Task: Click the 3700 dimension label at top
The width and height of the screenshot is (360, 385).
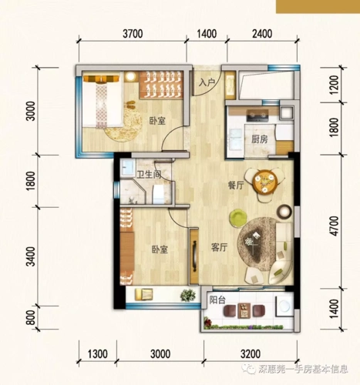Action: pos(133,34)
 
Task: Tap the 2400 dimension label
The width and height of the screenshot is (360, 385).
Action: pos(262,34)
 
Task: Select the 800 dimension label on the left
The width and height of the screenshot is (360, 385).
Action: pos(31,317)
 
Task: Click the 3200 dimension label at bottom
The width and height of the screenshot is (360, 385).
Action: pos(251,354)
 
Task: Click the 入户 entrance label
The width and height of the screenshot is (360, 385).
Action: pos(207,82)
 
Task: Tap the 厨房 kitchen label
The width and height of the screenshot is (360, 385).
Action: pos(259,139)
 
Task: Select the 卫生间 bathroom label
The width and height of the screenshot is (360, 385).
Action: pos(149,175)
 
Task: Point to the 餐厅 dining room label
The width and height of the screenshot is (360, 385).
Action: pos(236,186)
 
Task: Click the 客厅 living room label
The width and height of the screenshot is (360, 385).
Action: pos(219,248)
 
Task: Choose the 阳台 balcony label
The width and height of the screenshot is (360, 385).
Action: pos(217,300)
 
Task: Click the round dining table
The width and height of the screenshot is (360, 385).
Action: pos(265,182)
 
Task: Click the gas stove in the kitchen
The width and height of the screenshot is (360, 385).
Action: pos(257,115)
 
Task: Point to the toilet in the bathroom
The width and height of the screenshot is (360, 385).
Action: pos(158,194)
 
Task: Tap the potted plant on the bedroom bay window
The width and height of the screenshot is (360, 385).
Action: pos(188,296)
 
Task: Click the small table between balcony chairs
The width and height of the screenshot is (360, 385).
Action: pos(244,310)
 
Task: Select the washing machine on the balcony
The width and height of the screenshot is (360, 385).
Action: pos(284,306)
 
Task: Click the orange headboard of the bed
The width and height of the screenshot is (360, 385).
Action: pos(102,79)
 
